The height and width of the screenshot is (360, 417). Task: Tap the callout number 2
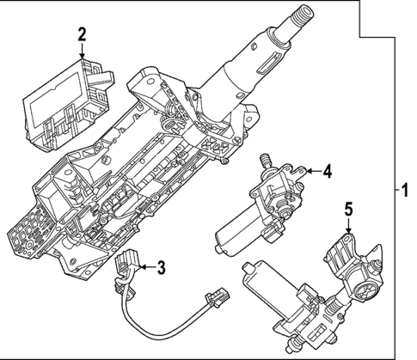pyautogui.click(x=82, y=34)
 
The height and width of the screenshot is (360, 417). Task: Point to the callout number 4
pyautogui.click(x=327, y=172)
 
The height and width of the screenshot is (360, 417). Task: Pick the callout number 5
pyautogui.click(x=348, y=208)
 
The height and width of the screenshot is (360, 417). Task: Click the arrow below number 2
pyautogui.click(x=82, y=51)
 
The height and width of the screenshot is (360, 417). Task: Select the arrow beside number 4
pyautogui.click(x=310, y=173)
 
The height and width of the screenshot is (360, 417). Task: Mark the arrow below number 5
pyautogui.click(x=348, y=224)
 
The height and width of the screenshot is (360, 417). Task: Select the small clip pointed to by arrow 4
pyautogui.click(x=297, y=175)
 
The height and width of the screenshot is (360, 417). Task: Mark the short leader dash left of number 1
pyautogui.click(x=391, y=187)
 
